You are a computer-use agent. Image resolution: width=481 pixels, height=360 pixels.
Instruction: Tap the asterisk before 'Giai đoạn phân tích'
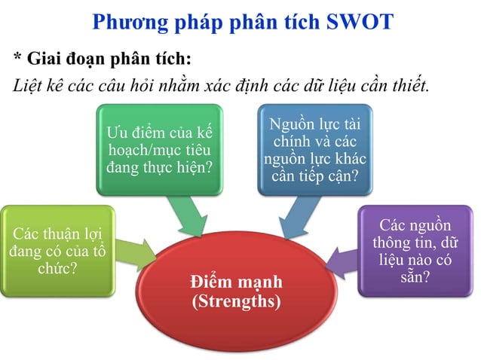pos(17,59)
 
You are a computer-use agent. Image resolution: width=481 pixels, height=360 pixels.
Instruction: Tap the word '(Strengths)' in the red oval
pos(236,302)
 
